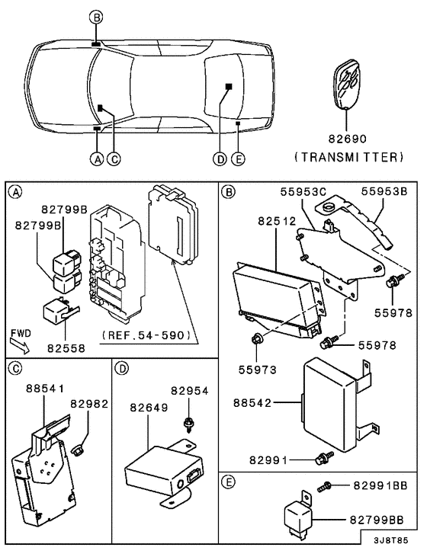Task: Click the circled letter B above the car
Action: tap(95, 17)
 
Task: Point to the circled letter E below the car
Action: tap(238, 159)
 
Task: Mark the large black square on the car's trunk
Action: tap(228, 86)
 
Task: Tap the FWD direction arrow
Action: tap(22, 340)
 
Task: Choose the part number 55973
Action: tap(255, 369)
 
